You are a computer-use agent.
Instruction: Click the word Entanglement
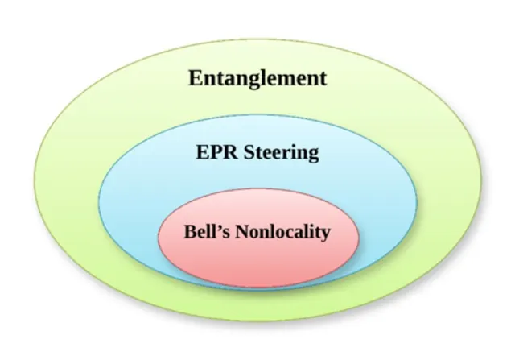[257, 79]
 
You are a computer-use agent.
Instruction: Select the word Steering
[282, 154]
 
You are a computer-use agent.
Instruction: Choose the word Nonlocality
[282, 233]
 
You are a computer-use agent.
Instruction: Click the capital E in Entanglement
[196, 78]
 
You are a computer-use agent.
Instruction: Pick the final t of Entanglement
[323, 79]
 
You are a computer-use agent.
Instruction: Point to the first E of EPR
[203, 152]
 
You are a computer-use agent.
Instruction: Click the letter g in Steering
[313, 155]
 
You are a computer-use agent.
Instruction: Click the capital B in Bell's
[190, 232]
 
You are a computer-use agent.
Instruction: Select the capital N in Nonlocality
[242, 232]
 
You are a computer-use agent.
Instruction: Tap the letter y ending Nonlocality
[325, 235]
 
